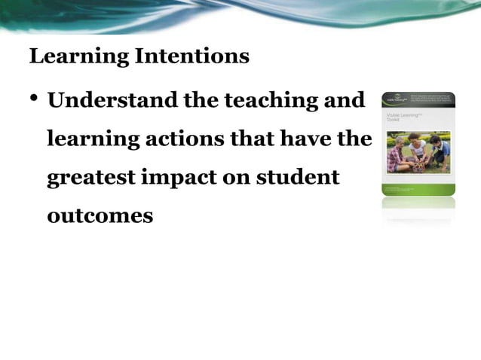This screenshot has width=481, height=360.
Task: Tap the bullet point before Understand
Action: pos(35,100)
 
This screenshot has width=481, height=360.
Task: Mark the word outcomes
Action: pos(100,216)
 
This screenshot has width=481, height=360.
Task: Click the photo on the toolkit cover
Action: pos(418,153)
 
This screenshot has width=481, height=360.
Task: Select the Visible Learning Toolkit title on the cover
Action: pos(400,118)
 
